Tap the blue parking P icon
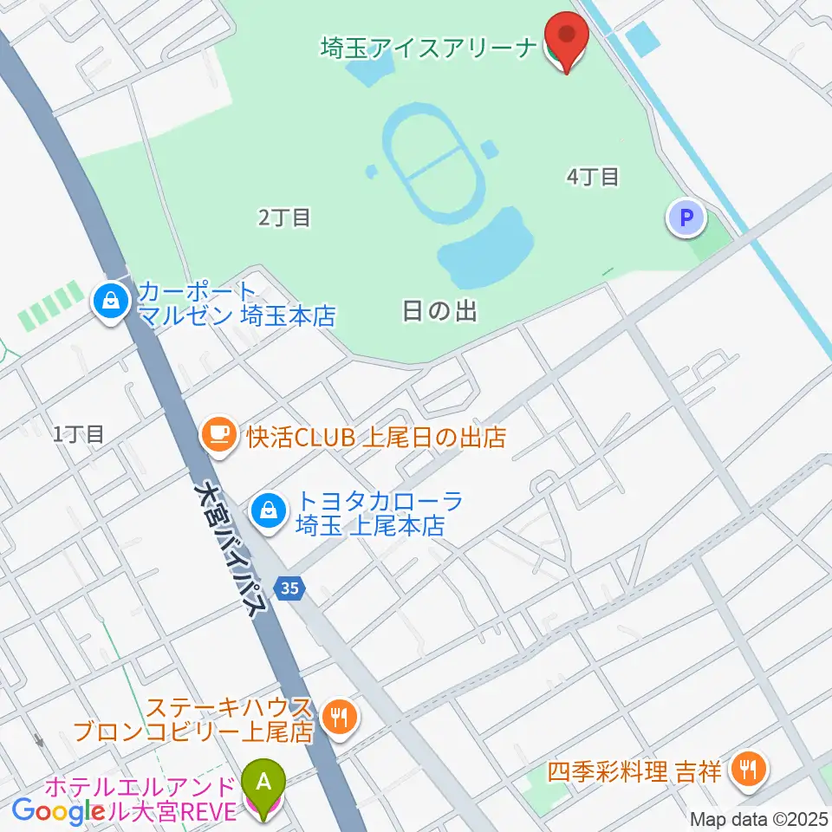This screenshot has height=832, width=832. (x=687, y=218)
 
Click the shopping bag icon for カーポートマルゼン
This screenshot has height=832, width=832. (x=111, y=302)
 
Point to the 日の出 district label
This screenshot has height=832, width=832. (x=440, y=310)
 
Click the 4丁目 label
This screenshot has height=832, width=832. (x=593, y=177)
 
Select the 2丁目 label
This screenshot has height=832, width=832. (x=284, y=217)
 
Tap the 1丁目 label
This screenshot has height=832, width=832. (x=78, y=434)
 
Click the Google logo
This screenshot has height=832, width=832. (x=57, y=811)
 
